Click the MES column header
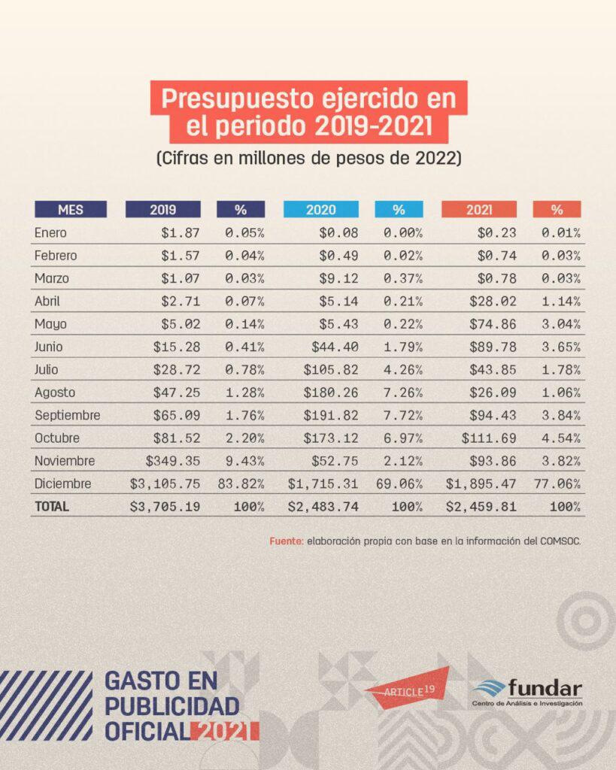[70, 210]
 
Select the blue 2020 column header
[321, 210]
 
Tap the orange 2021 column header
[479, 210]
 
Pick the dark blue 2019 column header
[163, 210]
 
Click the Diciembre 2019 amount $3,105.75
[165, 484]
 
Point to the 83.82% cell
[241, 484]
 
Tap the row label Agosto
[55, 393]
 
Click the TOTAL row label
[52, 507]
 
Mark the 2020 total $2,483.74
[323, 507]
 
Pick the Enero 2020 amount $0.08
[338, 233]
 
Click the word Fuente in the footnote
[286, 541]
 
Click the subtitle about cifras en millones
[308, 159]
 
